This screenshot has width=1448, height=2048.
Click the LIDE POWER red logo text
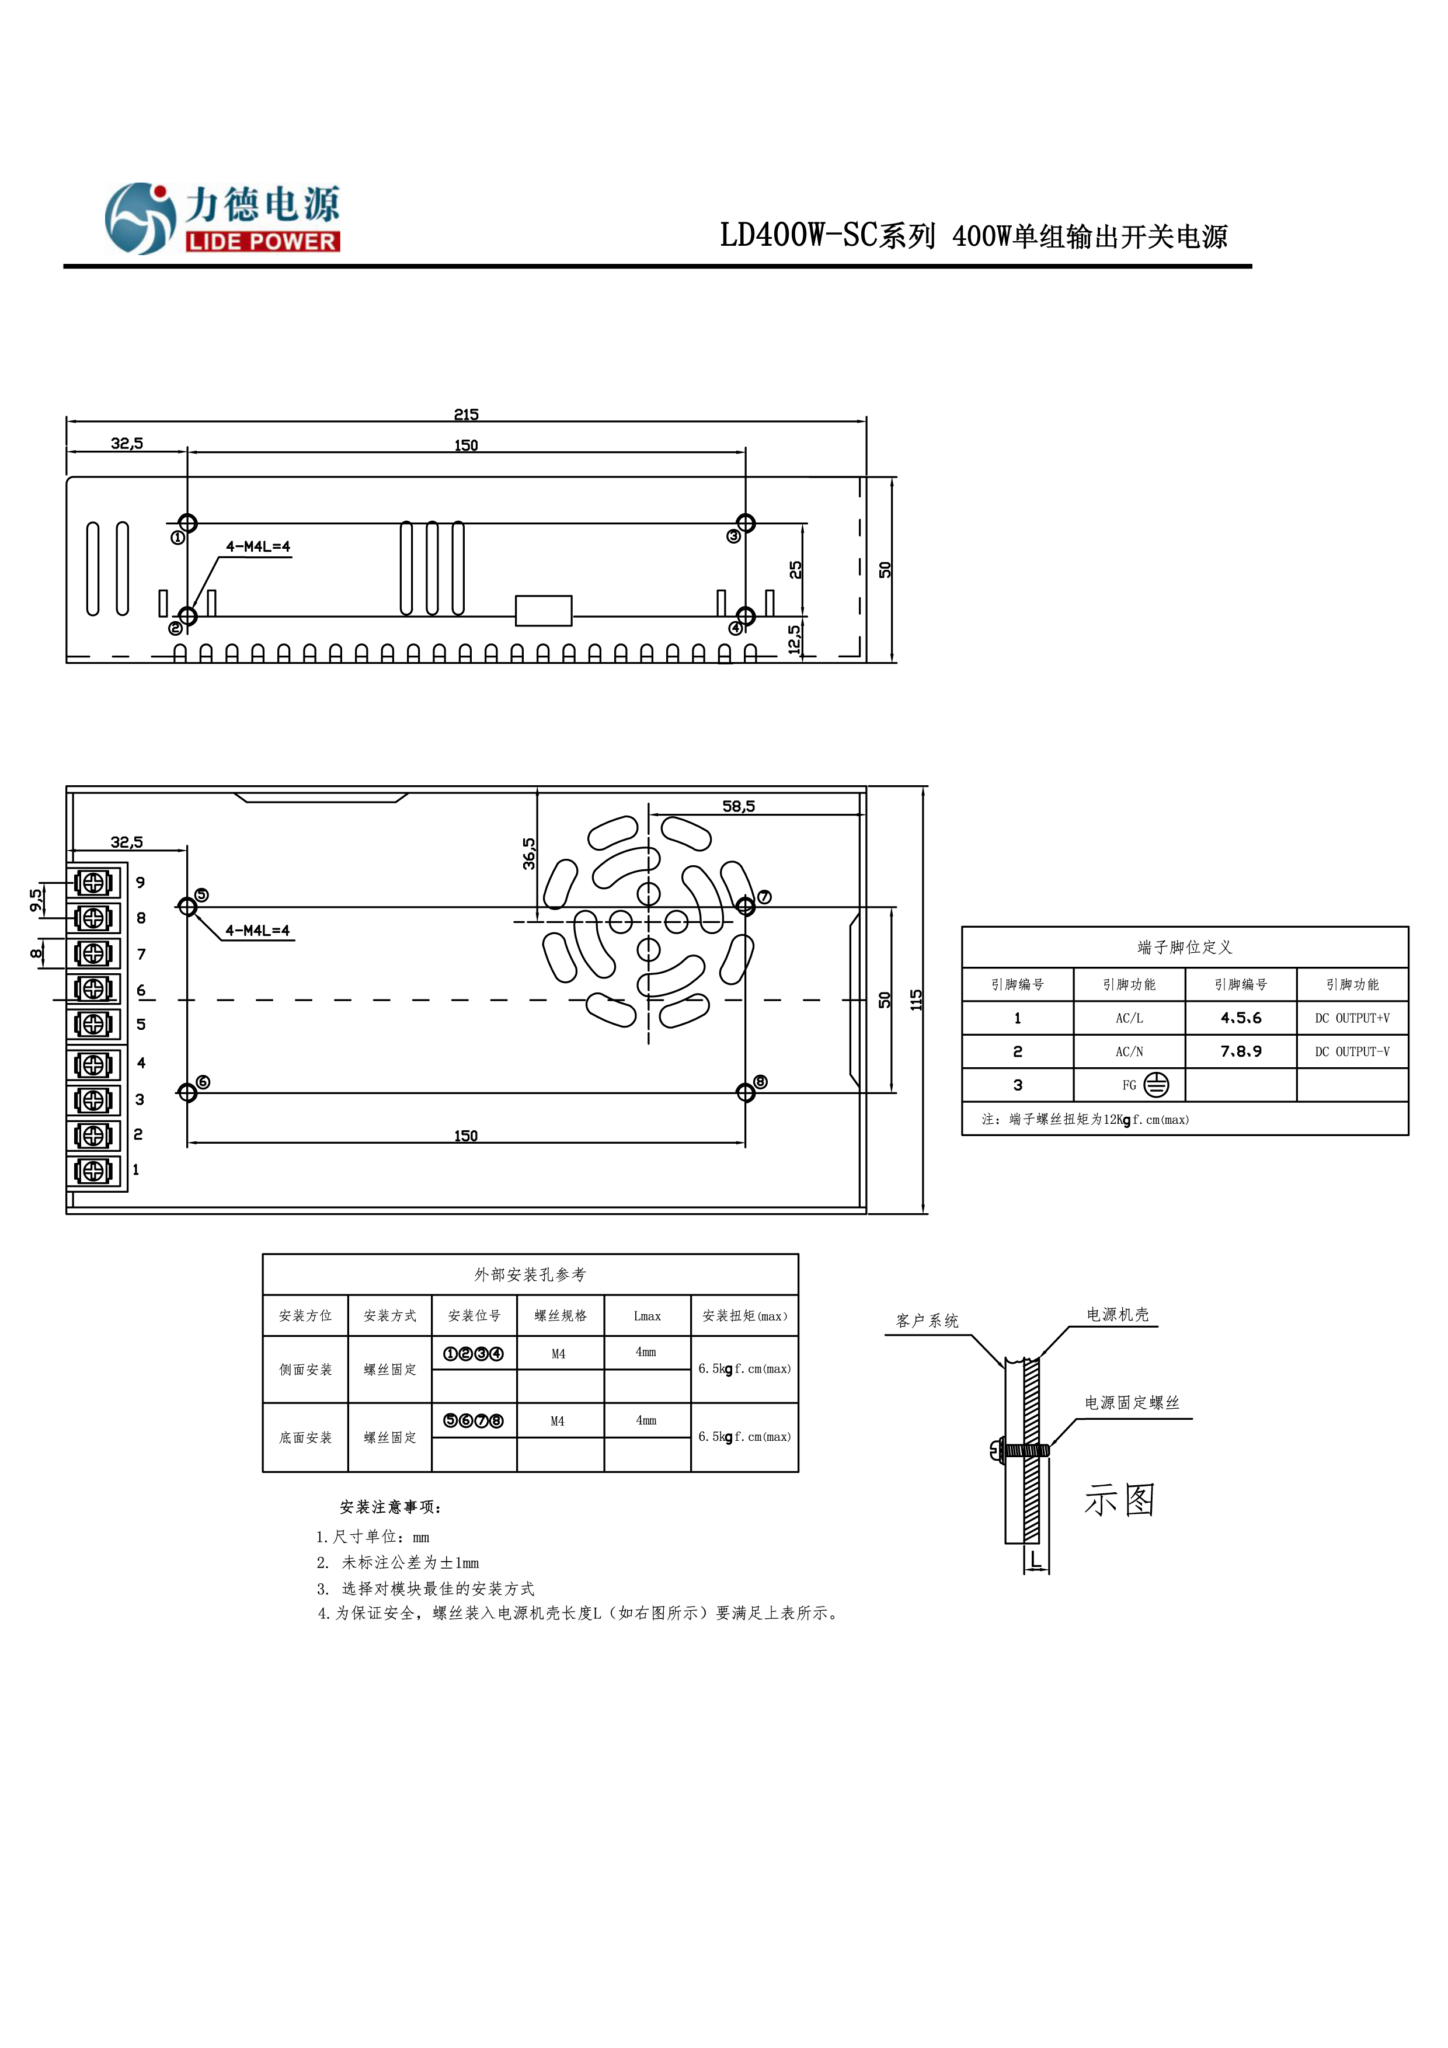coord(262,242)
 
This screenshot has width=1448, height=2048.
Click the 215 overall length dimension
coord(466,414)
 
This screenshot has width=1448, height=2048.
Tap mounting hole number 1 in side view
coord(187,524)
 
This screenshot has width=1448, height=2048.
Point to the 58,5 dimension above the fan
coord(738,806)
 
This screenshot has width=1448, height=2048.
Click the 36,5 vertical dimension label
coord(529,853)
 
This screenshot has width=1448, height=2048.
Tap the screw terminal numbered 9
coord(93,882)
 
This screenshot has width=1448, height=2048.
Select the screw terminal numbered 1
coord(93,1171)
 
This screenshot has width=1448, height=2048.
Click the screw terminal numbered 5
coord(93,1024)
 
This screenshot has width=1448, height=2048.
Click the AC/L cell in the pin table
coord(1129,1018)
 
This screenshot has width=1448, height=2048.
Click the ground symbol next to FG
coord(1156,1085)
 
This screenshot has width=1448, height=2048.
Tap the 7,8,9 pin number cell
coord(1240,1051)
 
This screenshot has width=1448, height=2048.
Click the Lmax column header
coord(647,1316)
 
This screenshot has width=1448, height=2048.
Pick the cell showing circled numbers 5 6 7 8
coord(474,1421)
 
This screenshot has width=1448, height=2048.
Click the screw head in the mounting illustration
coord(997,1450)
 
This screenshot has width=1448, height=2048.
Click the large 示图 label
coord(1120,1500)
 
